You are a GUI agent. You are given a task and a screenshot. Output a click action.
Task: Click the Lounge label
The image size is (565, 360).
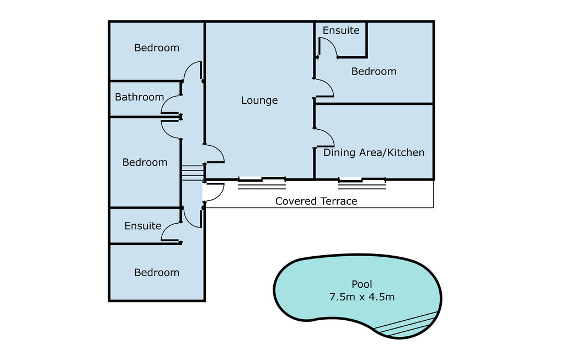259,100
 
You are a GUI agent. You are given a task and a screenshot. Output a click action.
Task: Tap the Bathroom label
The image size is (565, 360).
139,97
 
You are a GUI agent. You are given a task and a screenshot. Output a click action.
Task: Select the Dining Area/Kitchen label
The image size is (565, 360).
374,152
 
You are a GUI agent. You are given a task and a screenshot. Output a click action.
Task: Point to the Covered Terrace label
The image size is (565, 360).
316,201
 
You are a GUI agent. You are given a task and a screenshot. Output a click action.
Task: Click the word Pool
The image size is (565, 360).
361,284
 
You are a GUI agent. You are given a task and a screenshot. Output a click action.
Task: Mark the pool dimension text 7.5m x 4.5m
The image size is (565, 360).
361,297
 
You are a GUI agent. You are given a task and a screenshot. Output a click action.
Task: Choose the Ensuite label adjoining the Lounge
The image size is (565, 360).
341,30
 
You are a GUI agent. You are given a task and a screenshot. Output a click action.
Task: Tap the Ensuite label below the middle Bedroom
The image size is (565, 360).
143,226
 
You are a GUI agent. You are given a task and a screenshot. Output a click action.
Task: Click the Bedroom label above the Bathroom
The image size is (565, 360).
157,48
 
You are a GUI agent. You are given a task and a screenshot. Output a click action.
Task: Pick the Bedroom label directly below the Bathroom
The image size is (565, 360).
145,162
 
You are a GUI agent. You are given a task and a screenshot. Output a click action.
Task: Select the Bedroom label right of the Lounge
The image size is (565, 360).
374,71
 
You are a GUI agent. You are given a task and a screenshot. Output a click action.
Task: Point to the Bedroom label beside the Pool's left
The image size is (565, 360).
157,273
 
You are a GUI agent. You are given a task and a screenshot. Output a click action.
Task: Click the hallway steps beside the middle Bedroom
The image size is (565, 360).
193,172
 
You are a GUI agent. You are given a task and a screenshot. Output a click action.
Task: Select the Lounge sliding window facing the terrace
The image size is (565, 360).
262,179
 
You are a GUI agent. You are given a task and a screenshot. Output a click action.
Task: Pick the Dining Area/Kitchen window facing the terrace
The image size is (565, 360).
362,179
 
